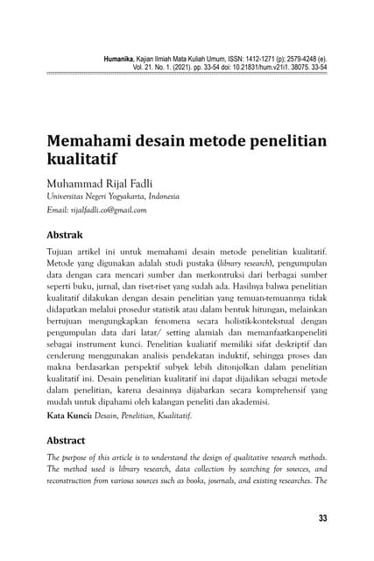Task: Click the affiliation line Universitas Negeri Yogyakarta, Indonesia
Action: point(112,197)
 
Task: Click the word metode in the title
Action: point(211,143)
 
